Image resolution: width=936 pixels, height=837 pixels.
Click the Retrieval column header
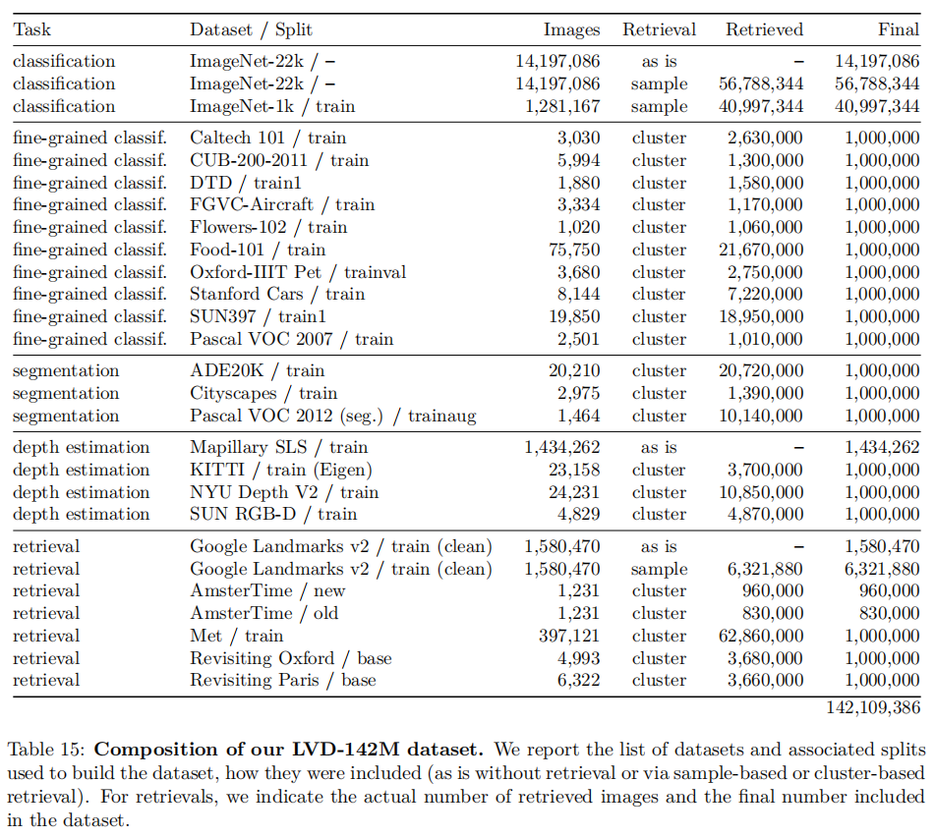pos(659,30)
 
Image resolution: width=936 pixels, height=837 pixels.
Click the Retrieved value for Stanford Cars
pos(764,295)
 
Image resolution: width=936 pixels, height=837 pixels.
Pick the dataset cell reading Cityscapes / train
pos(263,393)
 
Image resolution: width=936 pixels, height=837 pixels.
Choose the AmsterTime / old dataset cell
pos(264,613)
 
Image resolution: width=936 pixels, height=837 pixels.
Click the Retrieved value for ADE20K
pos(759,370)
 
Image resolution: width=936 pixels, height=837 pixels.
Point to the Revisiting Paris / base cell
pos(283,680)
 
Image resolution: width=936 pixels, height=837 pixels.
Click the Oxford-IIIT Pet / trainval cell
pos(298,272)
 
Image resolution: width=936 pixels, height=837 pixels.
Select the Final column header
pos(899,30)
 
